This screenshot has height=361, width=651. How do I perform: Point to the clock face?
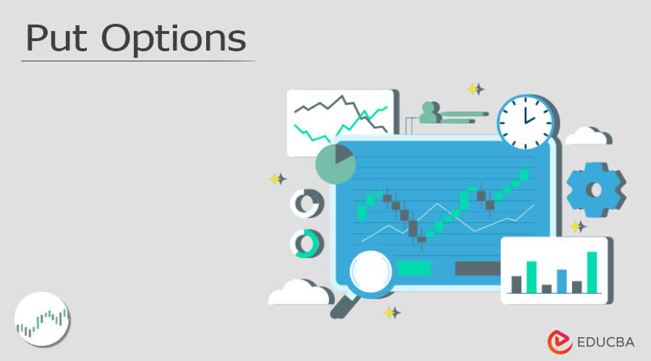tap(525, 121)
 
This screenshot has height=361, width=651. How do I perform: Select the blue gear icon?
tap(595, 190)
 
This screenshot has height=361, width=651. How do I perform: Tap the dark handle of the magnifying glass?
tap(340, 308)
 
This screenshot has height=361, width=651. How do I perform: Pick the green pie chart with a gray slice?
tap(335, 164)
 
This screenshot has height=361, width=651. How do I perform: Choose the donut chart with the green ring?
tap(306, 243)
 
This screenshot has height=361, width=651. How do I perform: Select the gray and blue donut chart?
tap(306, 204)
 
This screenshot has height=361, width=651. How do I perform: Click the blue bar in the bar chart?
tap(561, 281)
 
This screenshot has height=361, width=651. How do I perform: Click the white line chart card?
tap(340, 122)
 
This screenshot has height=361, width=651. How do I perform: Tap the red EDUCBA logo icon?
tap(560, 342)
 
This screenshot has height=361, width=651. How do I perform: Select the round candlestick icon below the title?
tap(42, 318)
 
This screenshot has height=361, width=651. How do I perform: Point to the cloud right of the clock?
tap(588, 136)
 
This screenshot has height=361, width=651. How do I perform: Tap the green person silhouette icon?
tap(429, 113)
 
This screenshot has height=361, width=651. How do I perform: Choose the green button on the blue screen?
tap(414, 269)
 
